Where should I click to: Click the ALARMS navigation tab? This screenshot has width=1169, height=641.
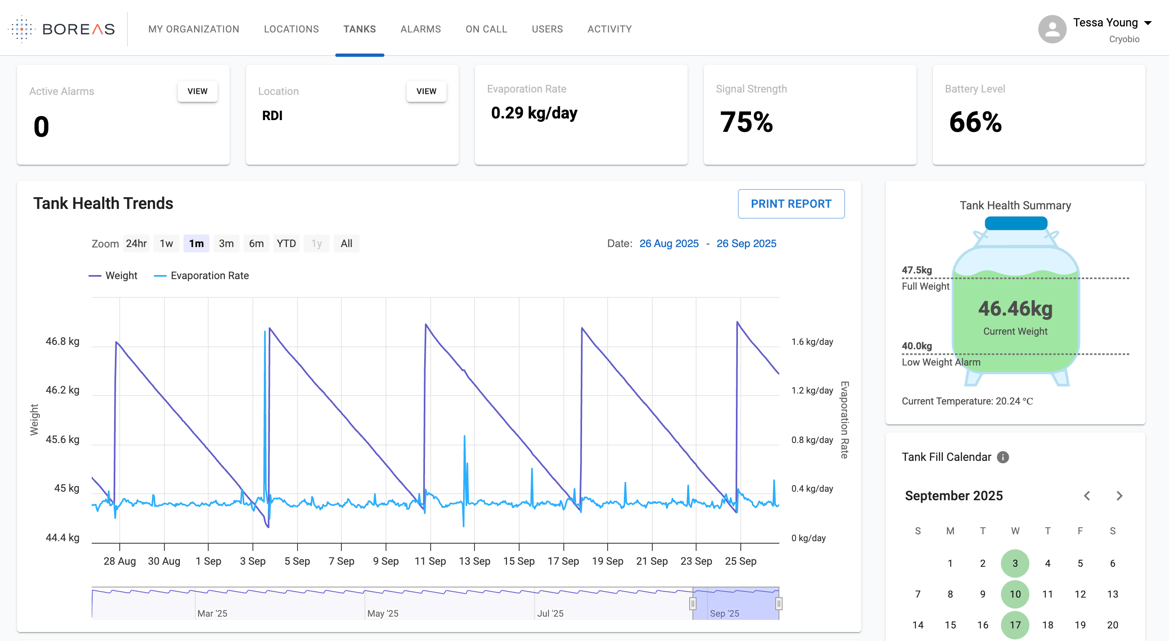[x=421, y=29]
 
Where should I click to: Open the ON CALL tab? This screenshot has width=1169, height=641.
[x=486, y=29]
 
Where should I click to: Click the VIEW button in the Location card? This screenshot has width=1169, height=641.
[x=426, y=91]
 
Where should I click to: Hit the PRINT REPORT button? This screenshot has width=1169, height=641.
[x=791, y=204]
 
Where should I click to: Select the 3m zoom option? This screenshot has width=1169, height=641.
[x=226, y=243]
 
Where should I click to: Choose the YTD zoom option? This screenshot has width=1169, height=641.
[x=286, y=243]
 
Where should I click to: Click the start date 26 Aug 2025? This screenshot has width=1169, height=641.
[x=669, y=243]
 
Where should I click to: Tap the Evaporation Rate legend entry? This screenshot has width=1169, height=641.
[x=201, y=275]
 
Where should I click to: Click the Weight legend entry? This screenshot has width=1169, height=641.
[x=113, y=275]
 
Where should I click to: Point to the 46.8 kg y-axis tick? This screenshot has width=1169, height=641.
[x=63, y=341]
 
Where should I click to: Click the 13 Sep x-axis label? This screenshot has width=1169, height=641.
[x=474, y=561]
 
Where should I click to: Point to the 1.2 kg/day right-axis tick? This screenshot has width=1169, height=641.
[x=812, y=390]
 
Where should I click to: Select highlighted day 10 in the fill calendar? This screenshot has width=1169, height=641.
[x=1015, y=594]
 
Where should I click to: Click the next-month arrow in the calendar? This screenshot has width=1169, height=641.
[x=1119, y=496]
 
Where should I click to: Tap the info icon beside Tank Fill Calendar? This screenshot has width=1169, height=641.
[x=1003, y=457]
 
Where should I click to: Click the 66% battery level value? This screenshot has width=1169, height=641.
[x=975, y=122]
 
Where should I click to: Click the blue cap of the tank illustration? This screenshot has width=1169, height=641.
[x=1016, y=223]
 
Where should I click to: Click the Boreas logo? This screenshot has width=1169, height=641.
[x=62, y=29]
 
